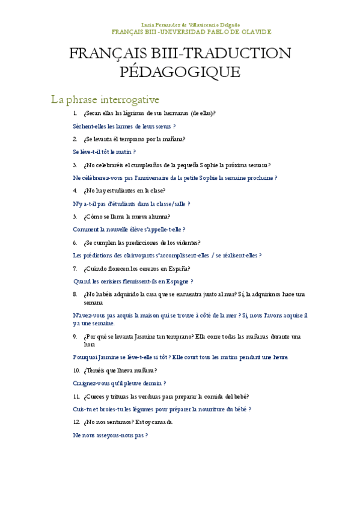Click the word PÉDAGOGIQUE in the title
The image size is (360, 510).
tap(180, 73)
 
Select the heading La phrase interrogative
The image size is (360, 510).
tap(105, 99)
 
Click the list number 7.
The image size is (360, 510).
tap(75, 269)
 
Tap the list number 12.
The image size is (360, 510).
tap(76, 422)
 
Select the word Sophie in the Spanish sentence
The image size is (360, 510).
tap(207, 165)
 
